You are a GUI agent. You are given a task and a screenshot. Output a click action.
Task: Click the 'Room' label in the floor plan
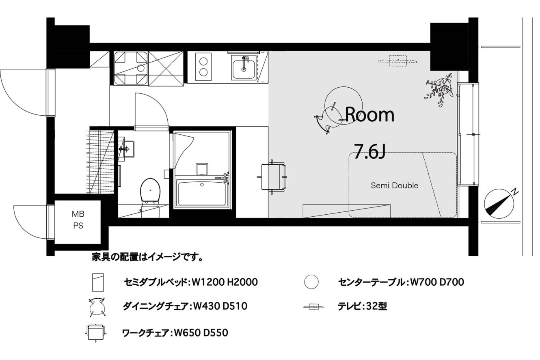[369, 115]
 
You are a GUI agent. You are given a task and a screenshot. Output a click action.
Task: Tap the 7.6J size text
[369, 151]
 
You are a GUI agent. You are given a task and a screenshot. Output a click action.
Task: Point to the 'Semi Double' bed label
[394, 185]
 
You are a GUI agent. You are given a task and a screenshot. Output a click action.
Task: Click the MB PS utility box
[78, 220]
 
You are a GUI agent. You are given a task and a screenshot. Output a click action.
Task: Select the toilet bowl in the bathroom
[150, 190]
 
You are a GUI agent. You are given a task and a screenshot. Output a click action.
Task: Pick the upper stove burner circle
[204, 61]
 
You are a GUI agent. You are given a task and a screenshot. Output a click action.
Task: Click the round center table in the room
[343, 105]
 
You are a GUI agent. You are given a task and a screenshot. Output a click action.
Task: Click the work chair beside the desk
[272, 177]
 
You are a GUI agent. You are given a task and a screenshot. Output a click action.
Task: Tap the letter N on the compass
[515, 192]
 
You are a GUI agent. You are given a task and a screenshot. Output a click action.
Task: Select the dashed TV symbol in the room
[397, 61]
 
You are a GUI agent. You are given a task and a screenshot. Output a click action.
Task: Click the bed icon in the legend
[98, 282]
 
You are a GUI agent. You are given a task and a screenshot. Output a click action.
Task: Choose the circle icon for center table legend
[311, 282]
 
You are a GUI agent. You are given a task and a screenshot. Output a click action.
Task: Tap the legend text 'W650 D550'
[201, 333]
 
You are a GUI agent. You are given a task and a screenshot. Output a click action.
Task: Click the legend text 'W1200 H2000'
[225, 282]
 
